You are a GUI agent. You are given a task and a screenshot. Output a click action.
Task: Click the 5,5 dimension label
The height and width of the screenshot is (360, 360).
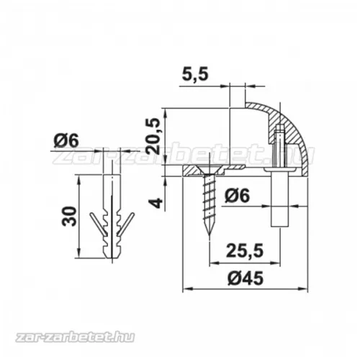tap(194, 74)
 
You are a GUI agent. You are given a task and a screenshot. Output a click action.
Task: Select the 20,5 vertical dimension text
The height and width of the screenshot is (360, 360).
tap(154, 136)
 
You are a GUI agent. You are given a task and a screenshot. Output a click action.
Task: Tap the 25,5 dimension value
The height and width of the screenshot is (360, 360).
tap(245, 251)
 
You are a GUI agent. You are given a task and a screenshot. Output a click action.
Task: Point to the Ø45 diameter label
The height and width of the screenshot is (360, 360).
tap(246, 278)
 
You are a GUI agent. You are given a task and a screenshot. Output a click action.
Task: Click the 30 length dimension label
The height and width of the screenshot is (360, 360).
tap(69, 216)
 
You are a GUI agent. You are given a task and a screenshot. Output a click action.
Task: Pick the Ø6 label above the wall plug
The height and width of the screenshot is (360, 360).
tap(66, 140)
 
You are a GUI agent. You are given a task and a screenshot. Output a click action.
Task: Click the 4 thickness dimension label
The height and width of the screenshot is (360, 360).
tap(157, 203)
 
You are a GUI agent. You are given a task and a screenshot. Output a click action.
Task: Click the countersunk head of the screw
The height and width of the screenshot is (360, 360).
tap(210, 171)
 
